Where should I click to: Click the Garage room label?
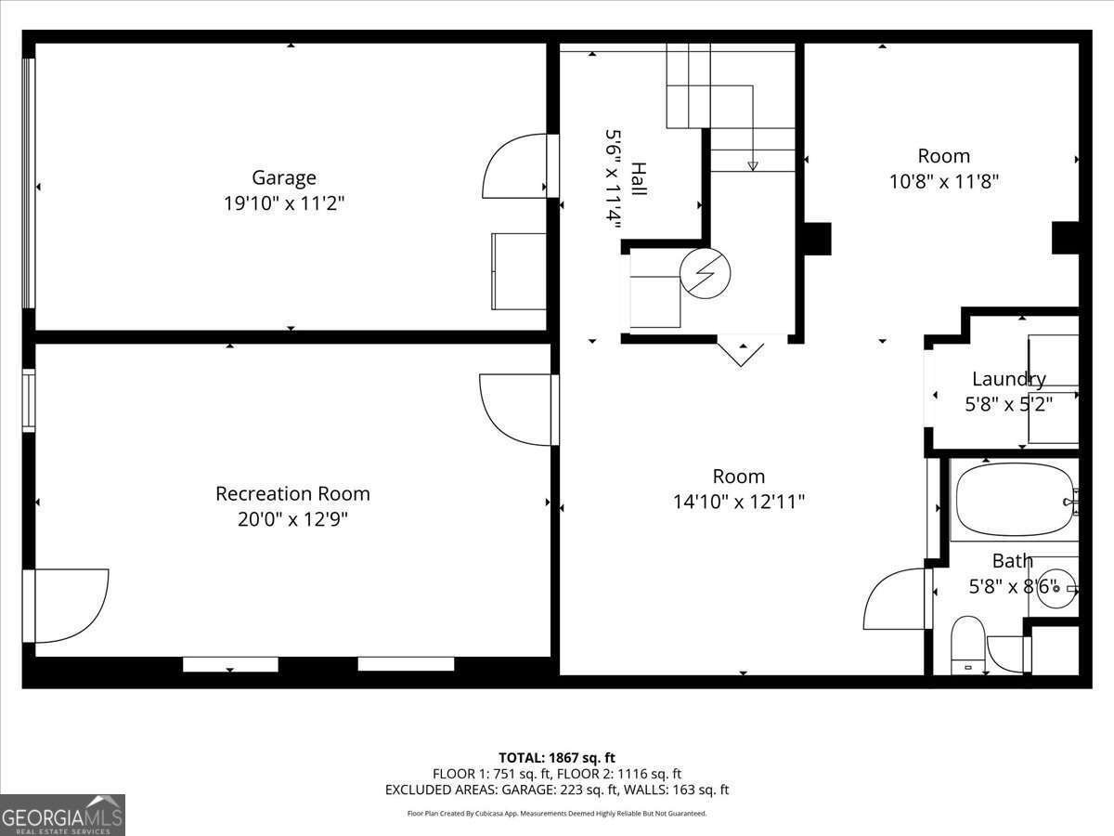(x=284, y=177)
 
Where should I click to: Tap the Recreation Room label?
(x=292, y=493)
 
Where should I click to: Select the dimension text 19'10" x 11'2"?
(x=284, y=203)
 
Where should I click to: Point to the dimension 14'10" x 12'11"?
(x=739, y=503)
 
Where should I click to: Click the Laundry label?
(x=1008, y=379)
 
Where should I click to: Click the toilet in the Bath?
(x=967, y=644)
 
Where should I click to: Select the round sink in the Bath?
(x=1056, y=587)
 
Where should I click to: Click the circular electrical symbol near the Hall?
(x=705, y=272)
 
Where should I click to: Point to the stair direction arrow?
(x=753, y=165)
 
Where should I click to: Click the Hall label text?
(x=639, y=177)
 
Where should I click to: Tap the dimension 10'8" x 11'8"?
(x=943, y=182)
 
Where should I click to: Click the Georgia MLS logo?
(x=62, y=815)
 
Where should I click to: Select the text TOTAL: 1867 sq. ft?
(x=557, y=758)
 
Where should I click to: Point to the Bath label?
(x=1012, y=561)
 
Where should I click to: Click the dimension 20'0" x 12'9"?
(x=292, y=519)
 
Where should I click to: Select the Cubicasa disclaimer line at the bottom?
(x=557, y=814)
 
